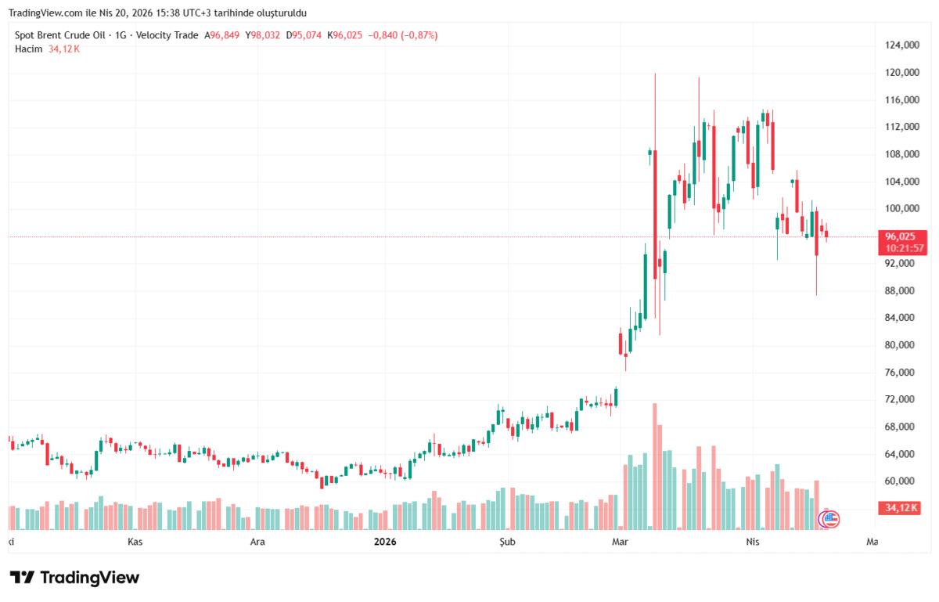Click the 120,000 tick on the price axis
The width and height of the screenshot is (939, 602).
point(901,73)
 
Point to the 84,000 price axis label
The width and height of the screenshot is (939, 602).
point(901,318)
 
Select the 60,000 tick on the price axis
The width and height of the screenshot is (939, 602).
point(901,481)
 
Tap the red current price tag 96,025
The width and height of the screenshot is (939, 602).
point(901,236)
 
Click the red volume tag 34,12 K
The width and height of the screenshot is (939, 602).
point(901,509)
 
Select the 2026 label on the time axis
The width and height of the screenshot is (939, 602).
point(385,542)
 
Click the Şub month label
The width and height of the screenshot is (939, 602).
point(508,542)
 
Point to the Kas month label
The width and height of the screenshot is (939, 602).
point(135,542)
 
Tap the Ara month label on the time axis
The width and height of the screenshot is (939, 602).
point(257,542)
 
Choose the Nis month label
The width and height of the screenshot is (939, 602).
point(753,542)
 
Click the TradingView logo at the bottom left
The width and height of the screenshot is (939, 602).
point(74,578)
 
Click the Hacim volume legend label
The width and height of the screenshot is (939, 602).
point(28,49)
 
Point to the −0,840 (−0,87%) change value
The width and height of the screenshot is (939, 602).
point(404,35)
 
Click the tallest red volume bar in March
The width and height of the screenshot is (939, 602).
point(655,467)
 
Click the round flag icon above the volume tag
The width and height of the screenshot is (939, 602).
point(829,517)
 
